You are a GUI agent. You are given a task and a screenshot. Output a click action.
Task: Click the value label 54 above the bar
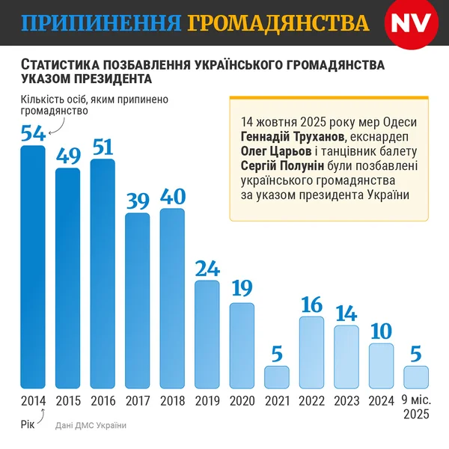[32, 133]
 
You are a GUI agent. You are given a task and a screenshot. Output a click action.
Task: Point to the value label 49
[67, 156]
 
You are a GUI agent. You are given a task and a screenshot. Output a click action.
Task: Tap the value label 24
[207, 268]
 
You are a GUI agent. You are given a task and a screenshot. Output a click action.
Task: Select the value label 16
[311, 304]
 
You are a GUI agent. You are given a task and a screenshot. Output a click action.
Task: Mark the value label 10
[381, 330]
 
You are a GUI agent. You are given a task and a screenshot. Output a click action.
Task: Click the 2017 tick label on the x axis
[137, 400]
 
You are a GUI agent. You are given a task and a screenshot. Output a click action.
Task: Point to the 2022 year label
[311, 400]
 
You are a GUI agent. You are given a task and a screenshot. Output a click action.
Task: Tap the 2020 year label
[242, 400]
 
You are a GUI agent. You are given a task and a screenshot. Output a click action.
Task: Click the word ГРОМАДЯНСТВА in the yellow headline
[278, 22]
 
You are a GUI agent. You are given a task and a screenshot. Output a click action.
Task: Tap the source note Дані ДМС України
[91, 425]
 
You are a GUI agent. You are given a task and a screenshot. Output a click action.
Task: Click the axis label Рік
[28, 424]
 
